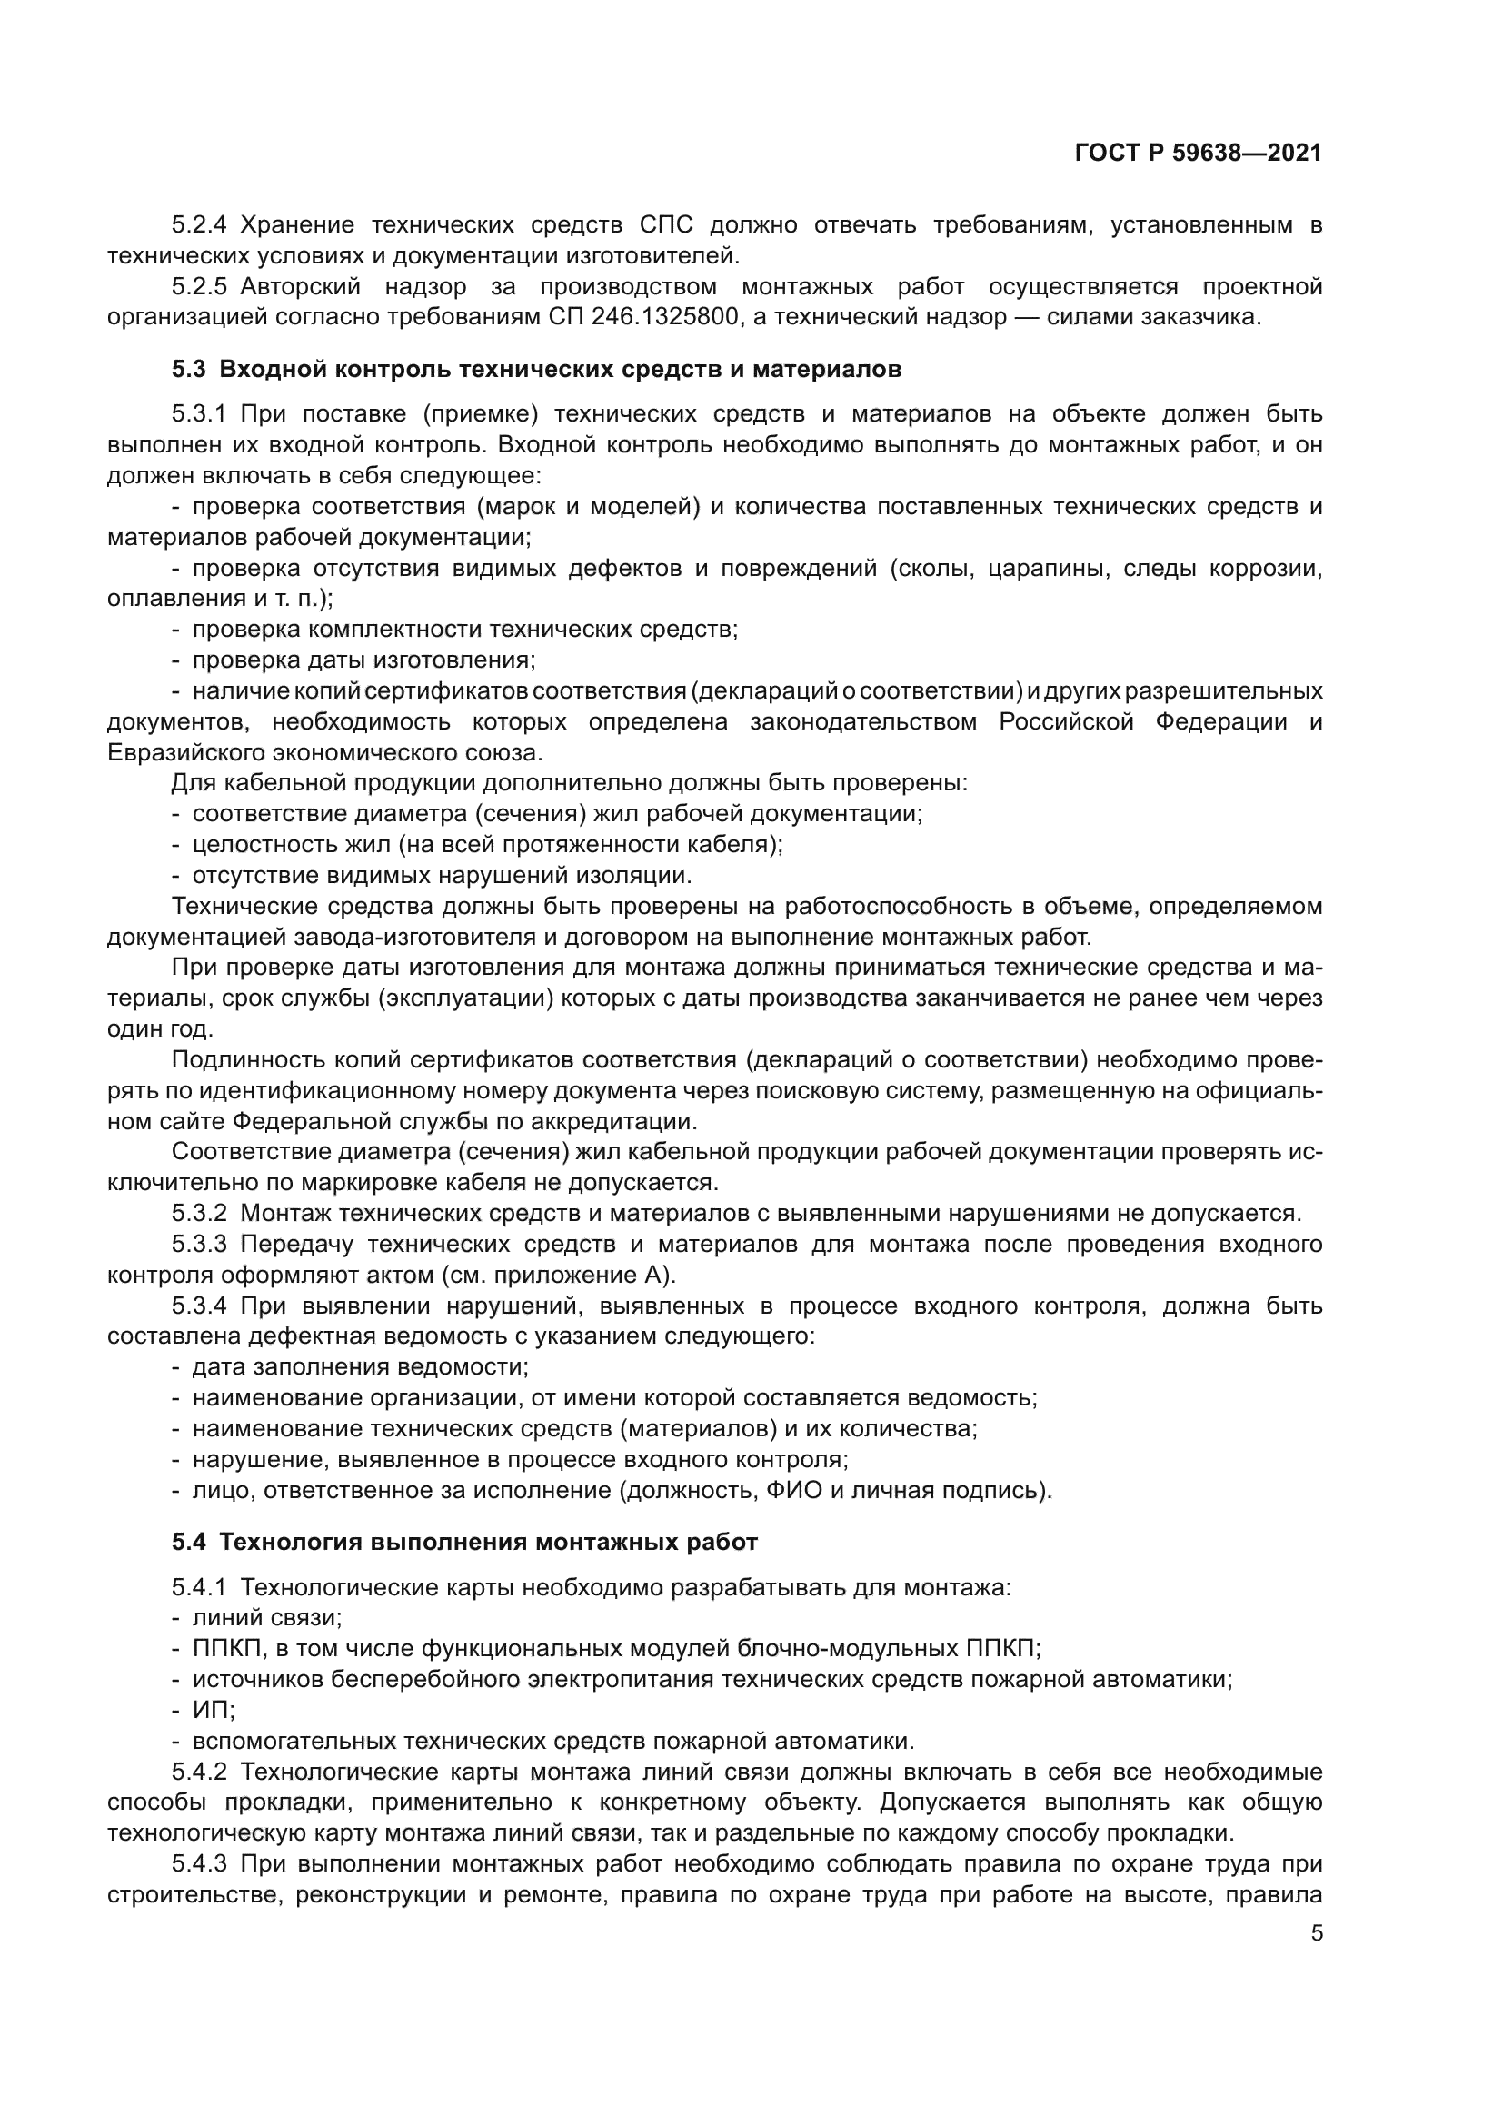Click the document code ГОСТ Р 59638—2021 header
(1199, 154)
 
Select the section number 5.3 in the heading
(189, 369)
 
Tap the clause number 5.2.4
(199, 225)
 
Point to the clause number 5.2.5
(199, 286)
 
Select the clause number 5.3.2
(199, 1214)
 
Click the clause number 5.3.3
(199, 1244)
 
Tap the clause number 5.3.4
(199, 1306)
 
